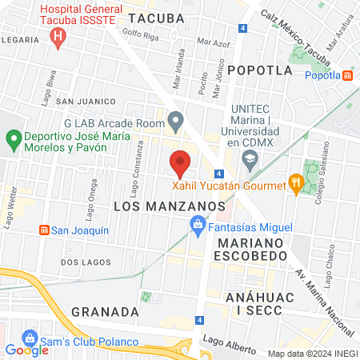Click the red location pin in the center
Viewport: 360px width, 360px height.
(180, 162)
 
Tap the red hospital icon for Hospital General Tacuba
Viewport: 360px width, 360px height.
(58, 36)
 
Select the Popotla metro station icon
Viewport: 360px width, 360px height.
(348, 76)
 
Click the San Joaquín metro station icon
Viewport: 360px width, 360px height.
(44, 230)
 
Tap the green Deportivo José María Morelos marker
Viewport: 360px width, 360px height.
(13, 142)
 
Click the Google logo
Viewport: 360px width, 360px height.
(26, 350)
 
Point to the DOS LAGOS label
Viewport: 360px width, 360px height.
(83, 262)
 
